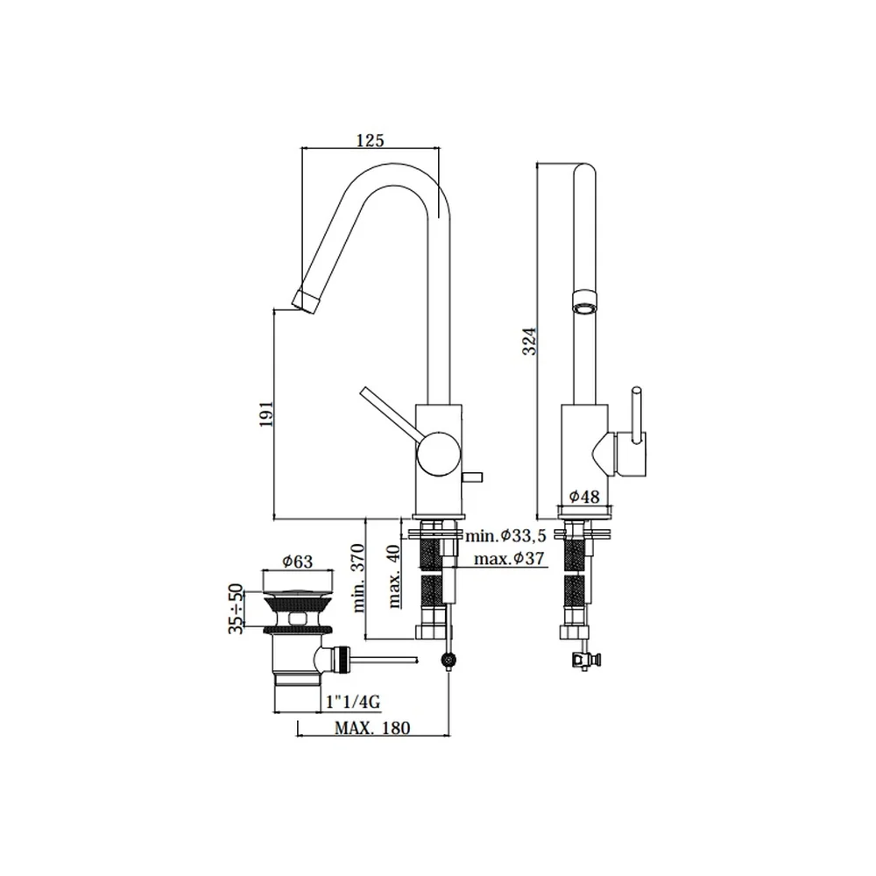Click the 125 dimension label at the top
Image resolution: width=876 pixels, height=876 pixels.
pos(371,139)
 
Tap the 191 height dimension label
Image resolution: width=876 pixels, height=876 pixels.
pos(266,414)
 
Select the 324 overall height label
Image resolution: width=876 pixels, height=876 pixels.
pos(529,341)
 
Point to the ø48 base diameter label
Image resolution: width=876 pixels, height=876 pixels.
pos(584,496)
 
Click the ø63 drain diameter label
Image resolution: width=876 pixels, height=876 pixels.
pos(297,562)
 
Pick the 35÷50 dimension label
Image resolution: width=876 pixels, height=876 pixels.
pos(236,609)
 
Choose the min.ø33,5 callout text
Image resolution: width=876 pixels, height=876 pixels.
pos(505,536)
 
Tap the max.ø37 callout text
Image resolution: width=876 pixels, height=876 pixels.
pos(509,558)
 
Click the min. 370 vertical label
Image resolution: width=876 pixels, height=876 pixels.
pos(357,577)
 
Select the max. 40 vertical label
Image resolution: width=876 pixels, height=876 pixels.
pos(394,576)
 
